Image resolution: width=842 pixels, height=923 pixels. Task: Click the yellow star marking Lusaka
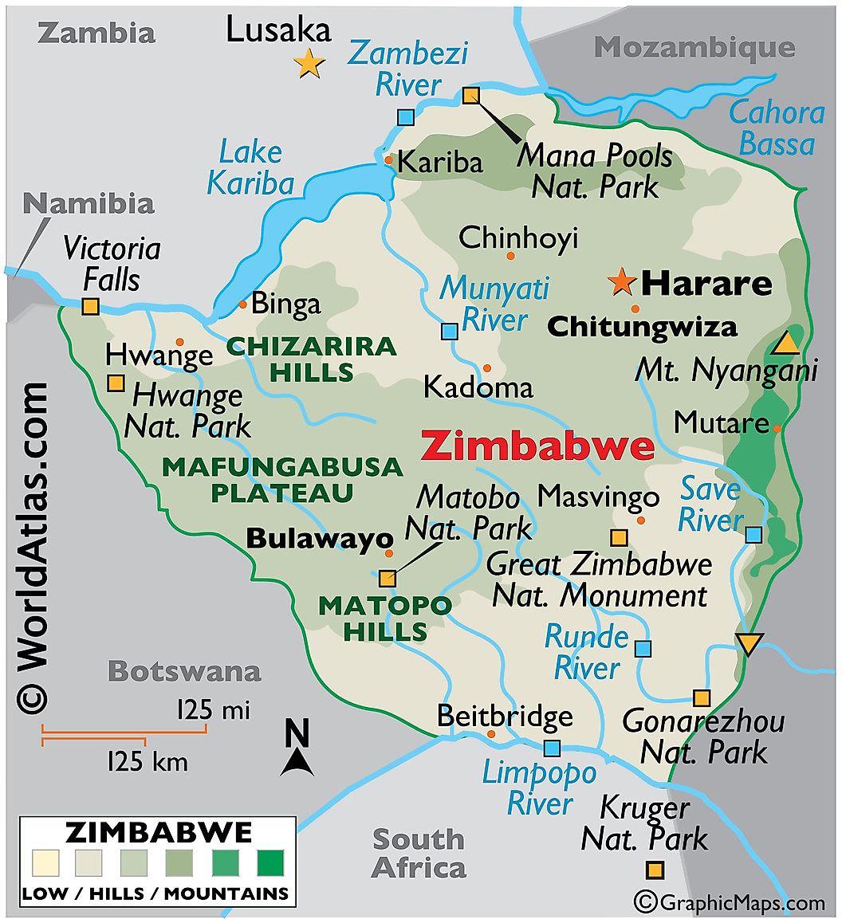coord(309,63)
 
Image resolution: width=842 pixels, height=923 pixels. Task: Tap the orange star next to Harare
coord(620,281)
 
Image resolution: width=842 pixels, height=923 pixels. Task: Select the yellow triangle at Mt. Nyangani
coord(786,343)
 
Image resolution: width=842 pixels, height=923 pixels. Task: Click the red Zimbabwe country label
coord(537,446)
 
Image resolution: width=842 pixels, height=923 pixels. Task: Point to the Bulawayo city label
coord(320,539)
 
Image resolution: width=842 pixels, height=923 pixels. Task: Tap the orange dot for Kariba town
coord(388,160)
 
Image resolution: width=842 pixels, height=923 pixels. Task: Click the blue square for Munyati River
coord(450,331)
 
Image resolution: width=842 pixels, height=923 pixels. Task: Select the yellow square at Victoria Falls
coord(91,305)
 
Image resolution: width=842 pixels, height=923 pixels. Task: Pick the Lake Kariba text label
coord(250,167)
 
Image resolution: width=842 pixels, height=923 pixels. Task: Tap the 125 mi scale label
coord(214,709)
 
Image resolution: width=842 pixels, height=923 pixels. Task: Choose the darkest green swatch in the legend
coord(270,864)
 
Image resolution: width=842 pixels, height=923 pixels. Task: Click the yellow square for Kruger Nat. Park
coord(655,870)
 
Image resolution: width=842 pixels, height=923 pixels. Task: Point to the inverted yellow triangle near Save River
coord(749,643)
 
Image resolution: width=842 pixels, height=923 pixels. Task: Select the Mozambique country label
coord(694,47)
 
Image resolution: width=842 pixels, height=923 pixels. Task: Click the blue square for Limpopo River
coord(552,748)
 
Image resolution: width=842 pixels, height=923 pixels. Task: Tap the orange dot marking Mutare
coord(777,428)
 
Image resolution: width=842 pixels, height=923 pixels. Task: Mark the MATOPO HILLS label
coord(385,619)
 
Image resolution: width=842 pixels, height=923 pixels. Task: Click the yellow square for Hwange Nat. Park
coord(116,383)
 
